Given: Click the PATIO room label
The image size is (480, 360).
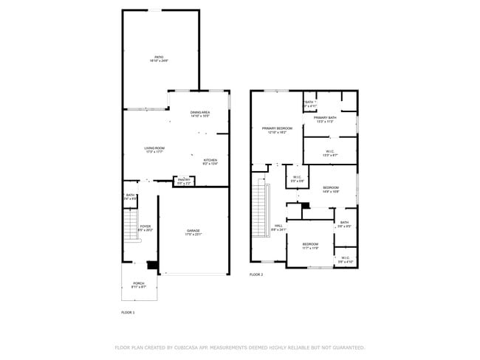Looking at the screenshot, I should [159, 57].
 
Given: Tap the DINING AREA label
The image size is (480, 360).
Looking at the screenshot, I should [200, 112].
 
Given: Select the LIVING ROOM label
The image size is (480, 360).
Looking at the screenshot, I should [154, 148].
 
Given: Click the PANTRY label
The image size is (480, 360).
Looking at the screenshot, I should [184, 180].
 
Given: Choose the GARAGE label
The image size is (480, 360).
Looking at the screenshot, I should [193, 232].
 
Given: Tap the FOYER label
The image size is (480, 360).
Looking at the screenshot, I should [145, 226].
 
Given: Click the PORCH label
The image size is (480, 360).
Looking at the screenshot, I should [138, 283].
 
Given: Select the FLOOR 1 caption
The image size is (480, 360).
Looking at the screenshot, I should [128, 312].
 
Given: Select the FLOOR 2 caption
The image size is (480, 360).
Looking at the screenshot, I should [256, 274].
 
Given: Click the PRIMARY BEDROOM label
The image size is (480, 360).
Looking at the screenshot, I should [277, 128].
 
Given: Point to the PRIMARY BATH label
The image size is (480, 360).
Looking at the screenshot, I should [325, 118].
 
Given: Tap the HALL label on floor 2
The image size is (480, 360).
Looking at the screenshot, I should [278, 226].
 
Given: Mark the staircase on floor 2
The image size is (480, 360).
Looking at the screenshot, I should [259, 211].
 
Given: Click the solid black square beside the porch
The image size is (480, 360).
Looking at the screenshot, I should [153, 266].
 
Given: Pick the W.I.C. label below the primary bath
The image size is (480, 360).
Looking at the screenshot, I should [329, 151].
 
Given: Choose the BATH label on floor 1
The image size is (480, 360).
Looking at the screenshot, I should [130, 195].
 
